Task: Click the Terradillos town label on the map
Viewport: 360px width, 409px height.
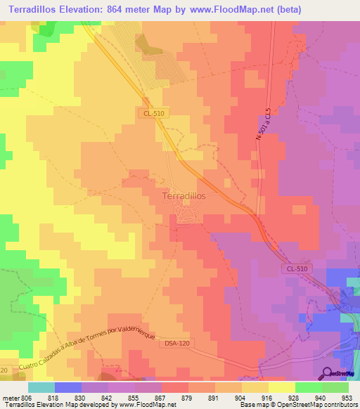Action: point(184,197)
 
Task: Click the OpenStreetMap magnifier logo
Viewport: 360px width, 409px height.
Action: point(328,374)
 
